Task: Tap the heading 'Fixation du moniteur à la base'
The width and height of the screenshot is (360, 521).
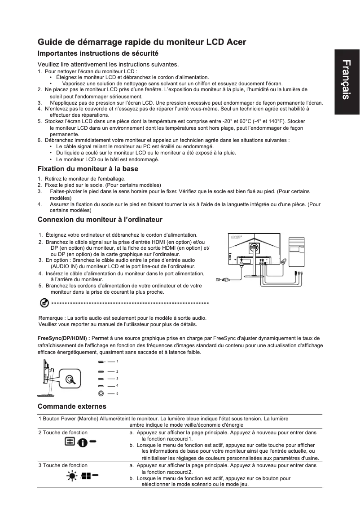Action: click(x=88, y=169)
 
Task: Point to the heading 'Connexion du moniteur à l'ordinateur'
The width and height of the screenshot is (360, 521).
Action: click(x=100, y=220)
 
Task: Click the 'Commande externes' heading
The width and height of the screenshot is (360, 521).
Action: click(x=72, y=406)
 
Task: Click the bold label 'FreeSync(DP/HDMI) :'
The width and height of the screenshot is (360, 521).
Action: click(x=63, y=338)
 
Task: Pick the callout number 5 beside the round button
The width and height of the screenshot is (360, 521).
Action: click(x=117, y=393)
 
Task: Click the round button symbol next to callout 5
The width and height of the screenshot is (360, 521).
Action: click(x=101, y=393)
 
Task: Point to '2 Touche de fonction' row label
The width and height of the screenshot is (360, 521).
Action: click(x=63, y=433)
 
